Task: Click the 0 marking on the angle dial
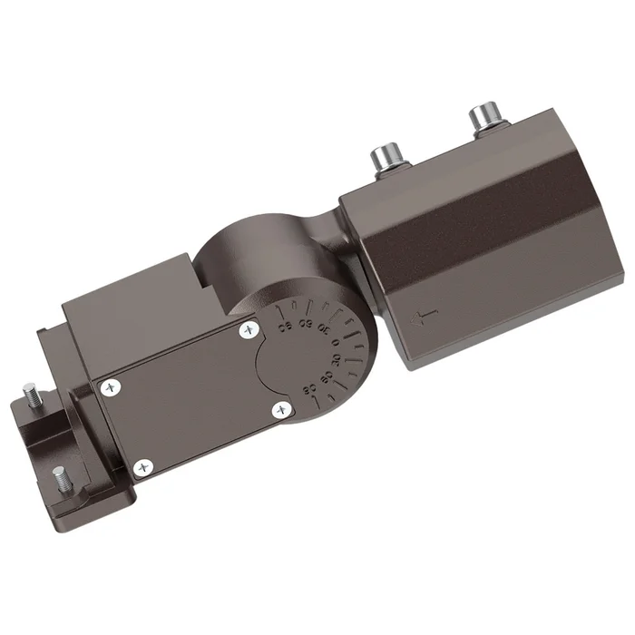click(335, 343)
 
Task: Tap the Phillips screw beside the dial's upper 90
click(249, 333)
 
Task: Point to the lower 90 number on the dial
click(309, 390)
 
